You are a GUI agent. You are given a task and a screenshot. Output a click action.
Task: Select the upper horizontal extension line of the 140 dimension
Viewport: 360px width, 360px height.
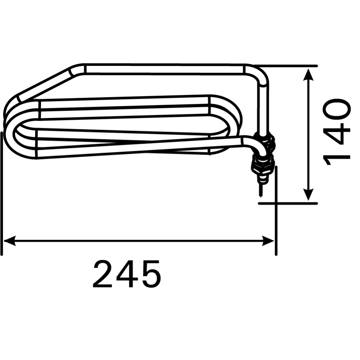tap(288, 66)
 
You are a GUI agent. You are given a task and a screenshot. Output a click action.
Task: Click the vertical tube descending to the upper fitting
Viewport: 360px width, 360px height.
tap(263, 108)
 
